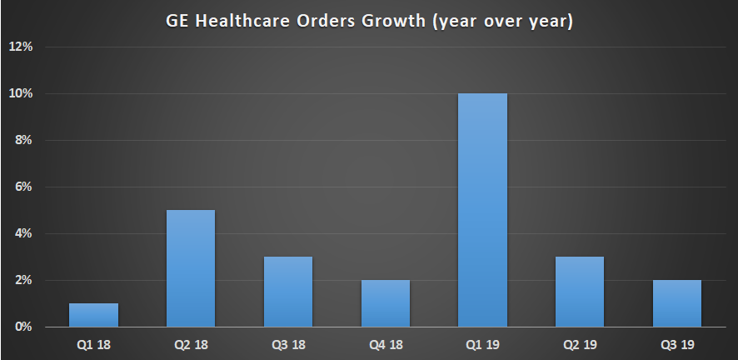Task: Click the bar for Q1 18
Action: click(x=93, y=315)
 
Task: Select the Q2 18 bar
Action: click(x=191, y=268)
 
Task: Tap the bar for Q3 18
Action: click(x=288, y=292)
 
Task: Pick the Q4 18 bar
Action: click(x=386, y=303)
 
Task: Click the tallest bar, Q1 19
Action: click(x=482, y=210)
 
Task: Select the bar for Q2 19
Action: click(x=580, y=292)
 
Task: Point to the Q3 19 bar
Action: click(x=677, y=303)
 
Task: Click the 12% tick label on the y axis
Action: click(x=20, y=47)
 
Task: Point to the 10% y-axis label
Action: click(x=20, y=93)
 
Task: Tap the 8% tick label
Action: click(x=22, y=140)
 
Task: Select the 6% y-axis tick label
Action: click(x=22, y=187)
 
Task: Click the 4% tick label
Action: click(x=22, y=233)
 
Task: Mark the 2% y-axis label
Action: click(x=22, y=280)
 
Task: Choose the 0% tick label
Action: click(x=22, y=327)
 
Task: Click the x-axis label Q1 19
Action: click(x=482, y=343)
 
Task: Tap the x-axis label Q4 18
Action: click(x=386, y=343)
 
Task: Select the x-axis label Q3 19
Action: click(x=677, y=343)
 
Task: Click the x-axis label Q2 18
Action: click(x=191, y=343)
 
